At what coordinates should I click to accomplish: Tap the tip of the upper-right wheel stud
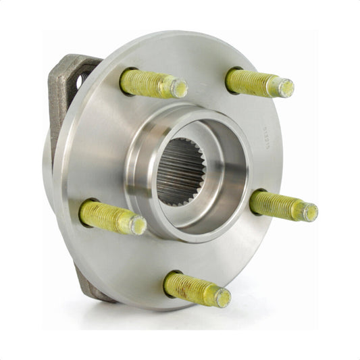tap(286, 88)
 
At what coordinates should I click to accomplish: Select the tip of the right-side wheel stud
tap(309, 212)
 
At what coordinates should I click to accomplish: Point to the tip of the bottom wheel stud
tap(222, 297)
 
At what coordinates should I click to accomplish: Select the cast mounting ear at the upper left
tap(68, 88)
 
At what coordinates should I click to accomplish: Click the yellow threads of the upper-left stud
tap(149, 83)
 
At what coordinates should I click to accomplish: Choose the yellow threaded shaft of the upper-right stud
tap(253, 82)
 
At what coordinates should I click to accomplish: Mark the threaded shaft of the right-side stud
tap(277, 205)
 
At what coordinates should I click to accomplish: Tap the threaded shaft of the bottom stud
tap(192, 288)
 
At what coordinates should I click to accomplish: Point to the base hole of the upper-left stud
tap(124, 79)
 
